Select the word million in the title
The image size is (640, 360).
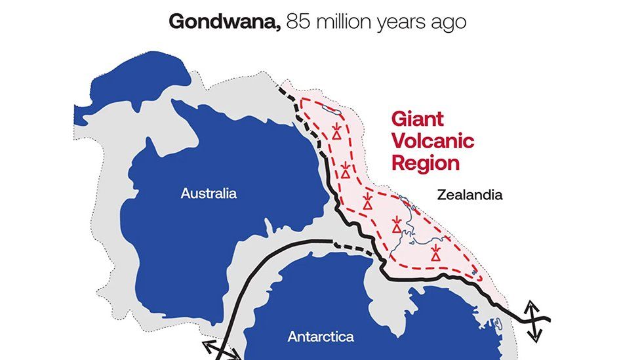tap(346, 21)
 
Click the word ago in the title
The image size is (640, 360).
tap(450, 22)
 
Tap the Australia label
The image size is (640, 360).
tap(209, 194)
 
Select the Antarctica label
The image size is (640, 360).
tap(321, 337)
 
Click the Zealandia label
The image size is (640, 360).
tap(470, 195)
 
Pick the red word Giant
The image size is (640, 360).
tap(417, 119)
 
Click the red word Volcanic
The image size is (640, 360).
tap(432, 141)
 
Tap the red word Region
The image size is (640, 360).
tap(425, 163)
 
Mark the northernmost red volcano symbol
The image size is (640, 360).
tap(336, 131)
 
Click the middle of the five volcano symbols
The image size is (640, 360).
tap(369, 201)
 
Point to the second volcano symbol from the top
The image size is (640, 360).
tap(346, 170)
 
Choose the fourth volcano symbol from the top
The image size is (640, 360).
tap(397, 225)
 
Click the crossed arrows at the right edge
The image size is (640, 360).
tap(535, 321)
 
